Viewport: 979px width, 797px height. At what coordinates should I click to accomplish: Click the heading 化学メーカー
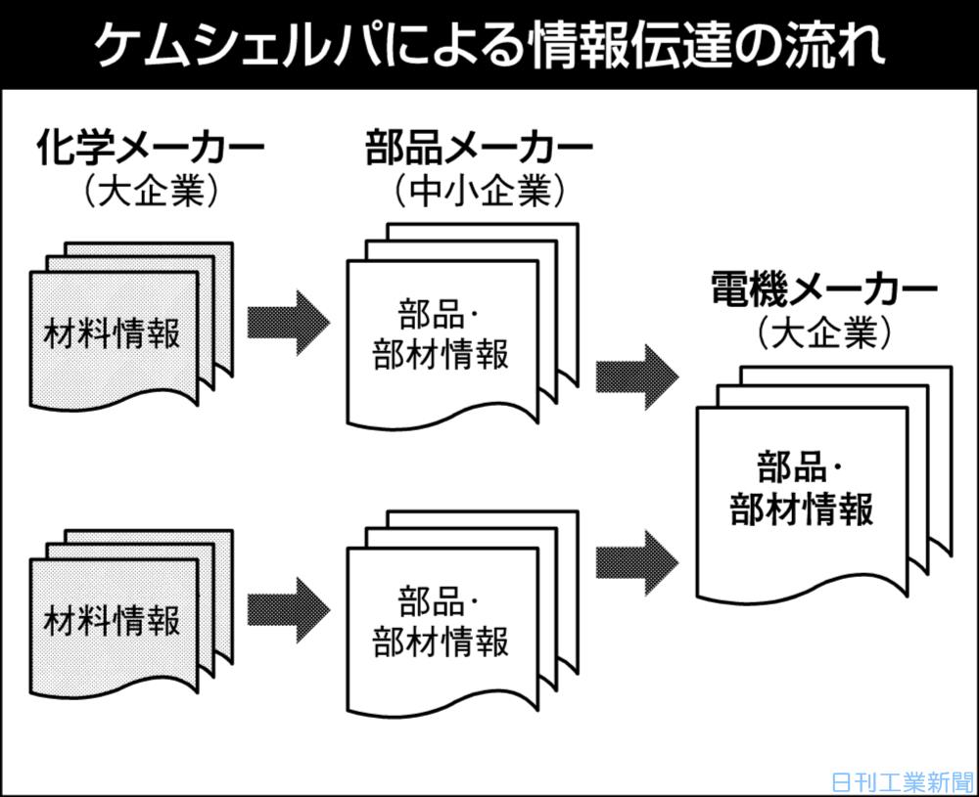click(151, 150)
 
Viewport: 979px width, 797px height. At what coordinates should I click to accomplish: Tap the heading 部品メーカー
click(479, 150)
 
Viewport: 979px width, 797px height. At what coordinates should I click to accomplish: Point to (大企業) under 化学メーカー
click(151, 191)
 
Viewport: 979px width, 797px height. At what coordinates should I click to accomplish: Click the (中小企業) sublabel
click(480, 191)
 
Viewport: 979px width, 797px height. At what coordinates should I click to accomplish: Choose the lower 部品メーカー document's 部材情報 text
click(442, 642)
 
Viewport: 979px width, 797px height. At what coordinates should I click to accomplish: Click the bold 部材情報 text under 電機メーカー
click(802, 509)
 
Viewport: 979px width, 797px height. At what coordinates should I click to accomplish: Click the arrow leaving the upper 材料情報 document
click(287, 321)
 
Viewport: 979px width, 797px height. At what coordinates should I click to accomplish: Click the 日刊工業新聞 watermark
click(901, 782)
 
